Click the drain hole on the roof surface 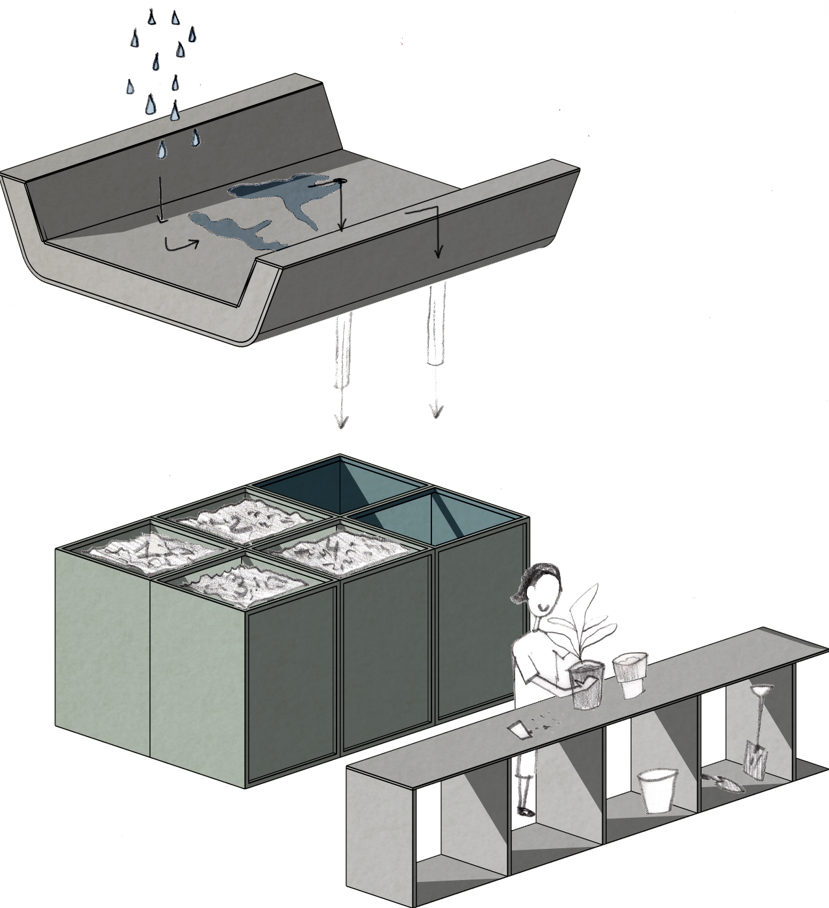340,181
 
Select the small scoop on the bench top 518,729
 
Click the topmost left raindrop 151,18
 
